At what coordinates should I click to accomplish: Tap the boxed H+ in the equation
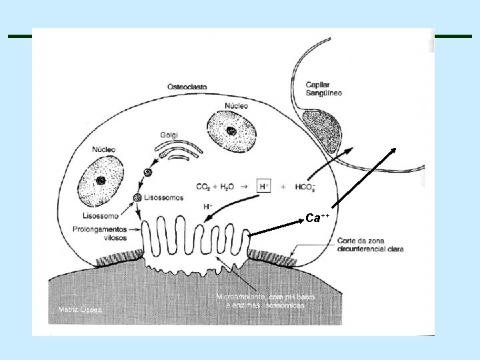click(264, 186)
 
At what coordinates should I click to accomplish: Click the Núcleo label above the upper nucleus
click(236, 105)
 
